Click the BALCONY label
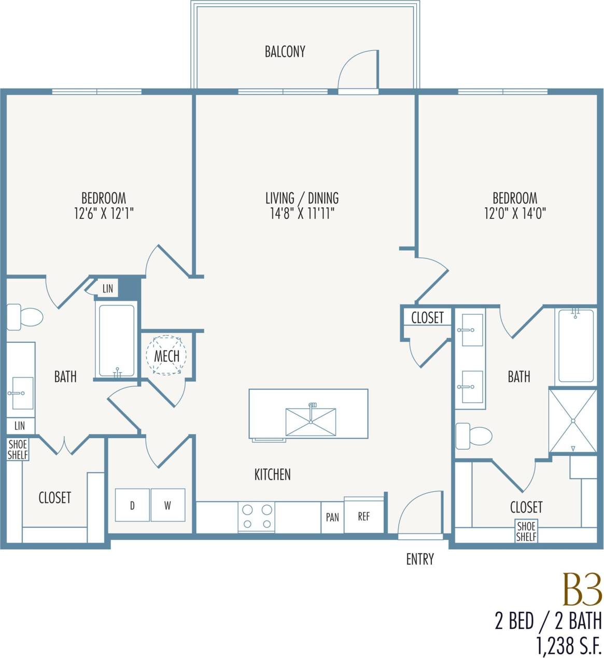point(285,51)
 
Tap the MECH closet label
point(166,356)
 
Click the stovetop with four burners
point(257,516)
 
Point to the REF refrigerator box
point(364,516)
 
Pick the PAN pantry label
point(332,517)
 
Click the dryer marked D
point(132,505)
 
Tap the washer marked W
point(167,505)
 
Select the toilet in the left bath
point(24,317)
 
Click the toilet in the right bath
point(473,436)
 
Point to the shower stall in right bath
point(573,421)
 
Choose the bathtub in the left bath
point(117,340)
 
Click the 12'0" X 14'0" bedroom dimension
point(515,213)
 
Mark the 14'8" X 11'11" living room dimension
point(302,213)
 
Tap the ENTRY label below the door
point(419,559)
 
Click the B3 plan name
point(582,590)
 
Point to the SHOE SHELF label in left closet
point(18,449)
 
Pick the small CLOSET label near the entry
point(427,317)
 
